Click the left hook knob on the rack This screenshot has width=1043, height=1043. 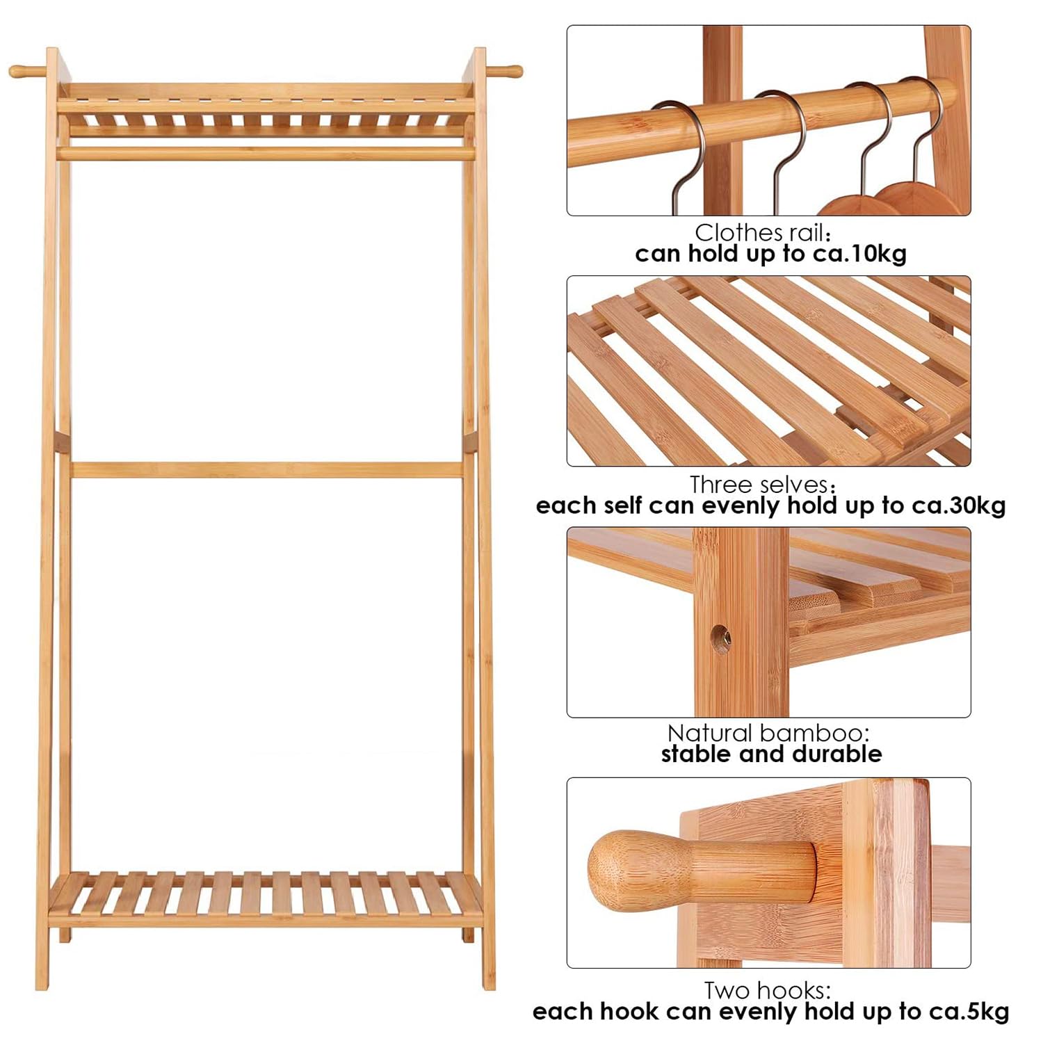pos(26,71)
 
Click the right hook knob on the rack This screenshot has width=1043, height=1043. pos(504,71)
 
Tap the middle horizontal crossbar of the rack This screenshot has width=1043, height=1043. pos(266,469)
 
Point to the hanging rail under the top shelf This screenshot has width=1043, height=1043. pos(266,153)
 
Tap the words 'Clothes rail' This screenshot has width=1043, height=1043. pos(759,232)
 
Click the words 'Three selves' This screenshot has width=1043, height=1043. pos(759,484)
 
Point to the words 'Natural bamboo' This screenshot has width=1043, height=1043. pos(766,733)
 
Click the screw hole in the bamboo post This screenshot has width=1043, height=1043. pos(720,636)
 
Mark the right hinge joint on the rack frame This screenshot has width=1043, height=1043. pos(469,443)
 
